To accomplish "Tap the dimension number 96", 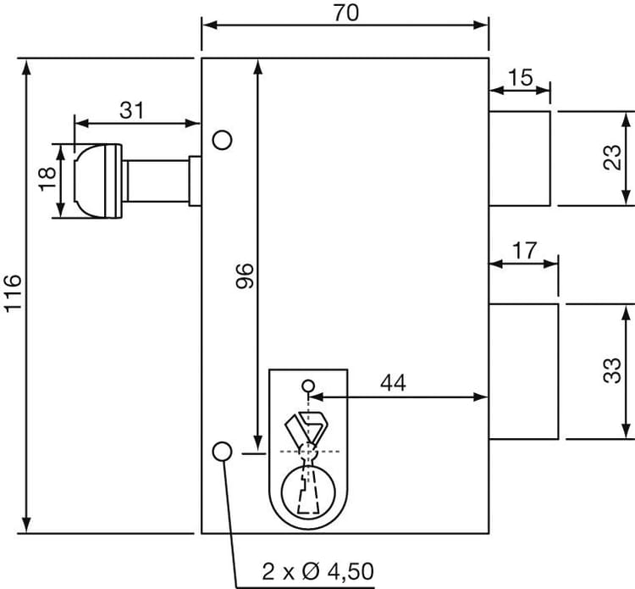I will point(244,277).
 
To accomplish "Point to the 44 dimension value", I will point(391,382).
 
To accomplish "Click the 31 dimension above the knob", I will point(131,109).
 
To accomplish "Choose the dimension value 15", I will point(521,77).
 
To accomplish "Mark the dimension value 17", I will point(525,251).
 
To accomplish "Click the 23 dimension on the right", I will point(612,157).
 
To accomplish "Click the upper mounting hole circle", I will point(222,139).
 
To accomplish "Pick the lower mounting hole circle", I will point(222,452).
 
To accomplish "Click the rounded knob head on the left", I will point(95,181).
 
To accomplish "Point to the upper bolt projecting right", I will point(520,158).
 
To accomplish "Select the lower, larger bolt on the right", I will point(524,371).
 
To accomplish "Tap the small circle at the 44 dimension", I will point(308,386).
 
